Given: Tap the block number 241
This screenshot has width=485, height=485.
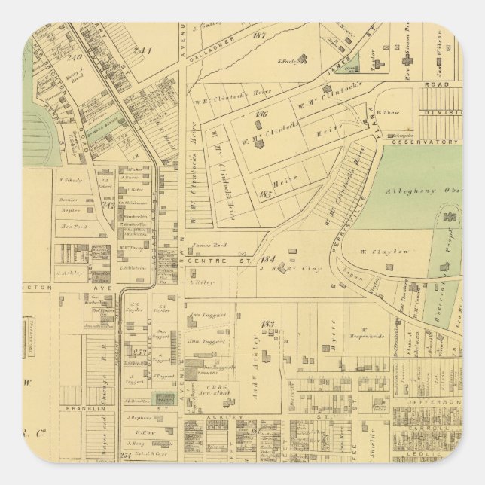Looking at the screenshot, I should tap(144, 51).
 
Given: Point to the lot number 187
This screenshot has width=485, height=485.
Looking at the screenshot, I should tap(261, 35).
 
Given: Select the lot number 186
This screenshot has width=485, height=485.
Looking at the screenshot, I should tap(262, 114).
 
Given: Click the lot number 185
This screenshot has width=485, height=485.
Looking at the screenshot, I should tap(264, 194).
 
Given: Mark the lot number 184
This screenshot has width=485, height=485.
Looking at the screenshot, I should tap(268, 252).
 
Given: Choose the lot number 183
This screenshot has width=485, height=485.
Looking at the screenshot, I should tap(267, 324).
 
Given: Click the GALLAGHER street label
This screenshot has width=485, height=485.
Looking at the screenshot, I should tap(218, 47).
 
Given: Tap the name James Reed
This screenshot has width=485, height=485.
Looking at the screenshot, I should tap(209, 246).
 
